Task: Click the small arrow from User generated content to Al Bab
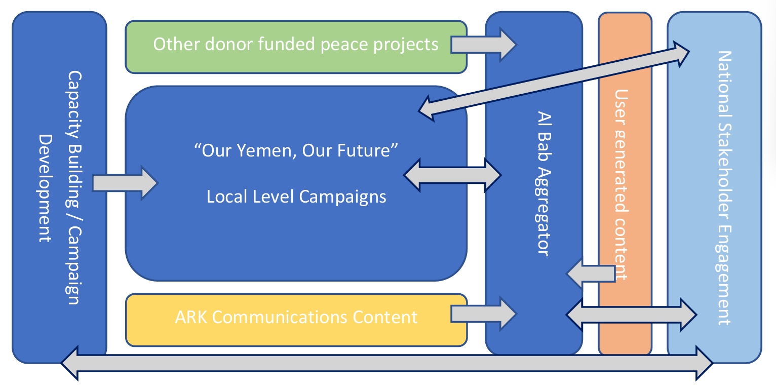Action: point(590,273)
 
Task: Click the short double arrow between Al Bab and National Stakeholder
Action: point(631,315)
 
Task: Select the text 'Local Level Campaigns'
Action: point(296,196)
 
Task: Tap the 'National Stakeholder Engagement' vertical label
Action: point(724,187)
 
